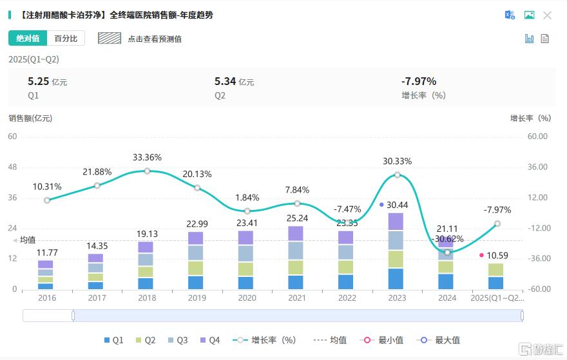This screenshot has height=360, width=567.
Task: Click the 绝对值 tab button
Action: [28, 39]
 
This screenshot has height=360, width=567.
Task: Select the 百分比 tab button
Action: [66, 39]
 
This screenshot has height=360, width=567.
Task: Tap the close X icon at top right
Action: [547, 15]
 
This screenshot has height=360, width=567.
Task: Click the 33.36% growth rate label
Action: [147, 157]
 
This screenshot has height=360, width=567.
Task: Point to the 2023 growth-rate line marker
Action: [397, 175]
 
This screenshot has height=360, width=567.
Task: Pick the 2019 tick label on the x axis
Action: [197, 298]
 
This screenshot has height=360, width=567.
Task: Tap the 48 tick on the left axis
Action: [13, 167]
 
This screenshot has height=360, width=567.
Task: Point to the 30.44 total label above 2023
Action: [397, 204]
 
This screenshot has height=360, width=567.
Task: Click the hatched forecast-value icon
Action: [110, 38]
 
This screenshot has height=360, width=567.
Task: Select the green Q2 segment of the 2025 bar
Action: [495, 270]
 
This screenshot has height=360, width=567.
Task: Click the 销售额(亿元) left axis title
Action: [30, 118]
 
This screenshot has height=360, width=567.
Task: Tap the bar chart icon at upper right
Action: [530, 39]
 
